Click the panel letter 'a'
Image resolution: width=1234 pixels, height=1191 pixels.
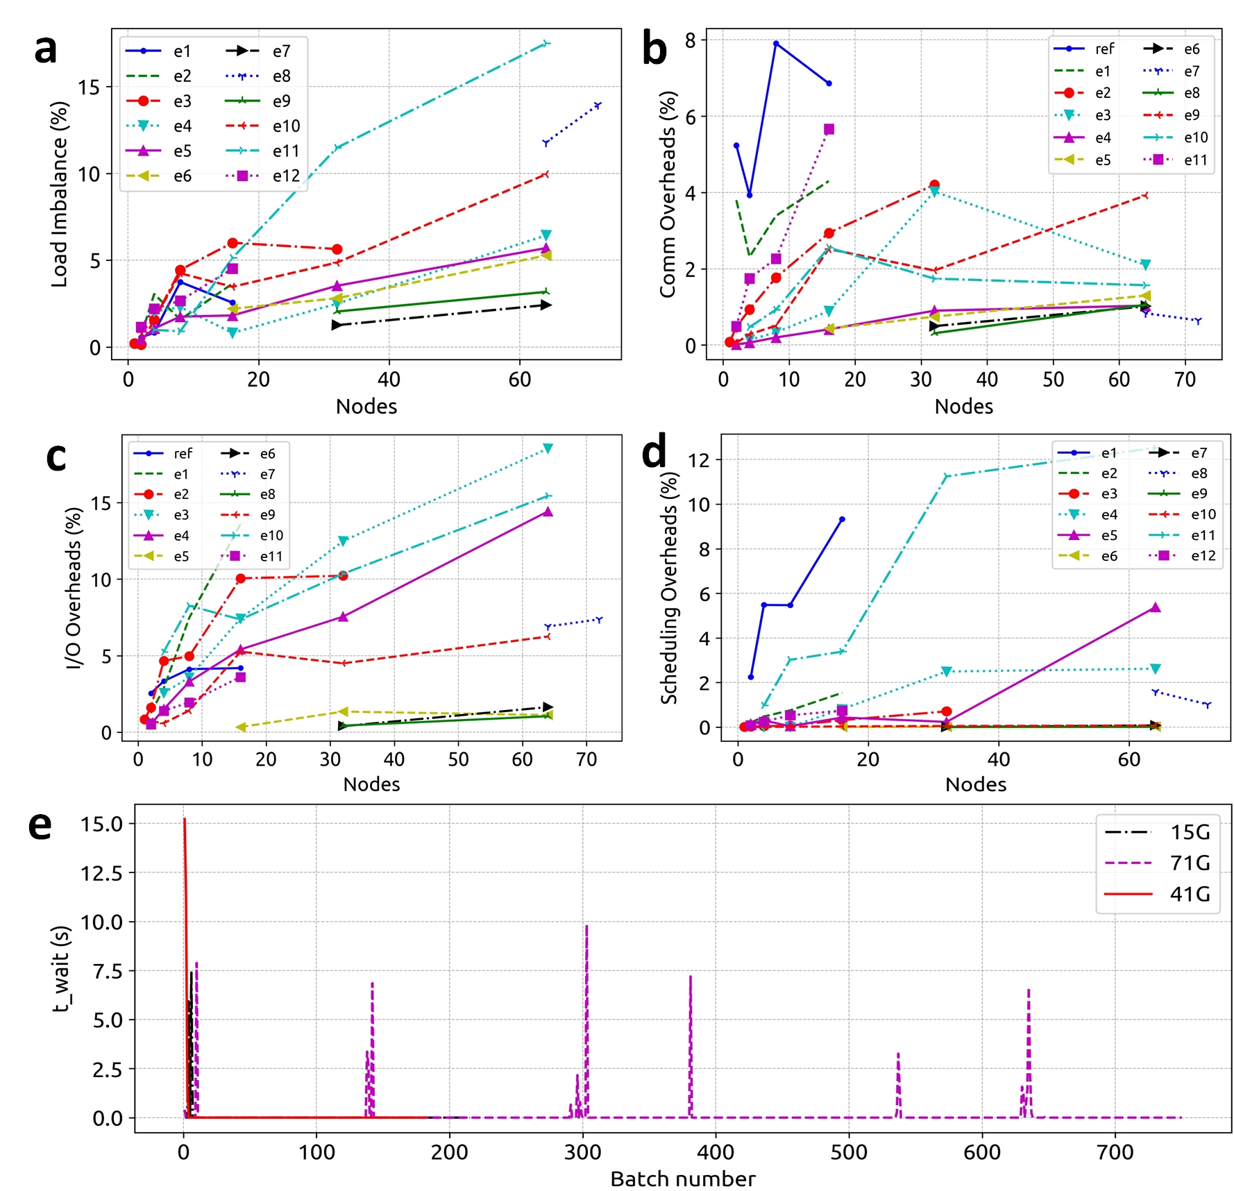46,50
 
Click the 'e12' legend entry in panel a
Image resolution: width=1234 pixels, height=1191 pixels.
285,176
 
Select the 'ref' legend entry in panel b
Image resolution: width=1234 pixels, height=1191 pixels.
1104,49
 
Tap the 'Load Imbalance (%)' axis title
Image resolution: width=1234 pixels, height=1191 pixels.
60,194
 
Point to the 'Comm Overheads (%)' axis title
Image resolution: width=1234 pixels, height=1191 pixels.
668,194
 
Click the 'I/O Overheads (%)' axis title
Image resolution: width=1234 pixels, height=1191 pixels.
74,588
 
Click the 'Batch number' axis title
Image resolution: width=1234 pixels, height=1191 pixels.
682,1179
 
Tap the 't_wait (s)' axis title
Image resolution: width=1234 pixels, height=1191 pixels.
62,969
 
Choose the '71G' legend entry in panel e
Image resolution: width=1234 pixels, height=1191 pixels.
1190,863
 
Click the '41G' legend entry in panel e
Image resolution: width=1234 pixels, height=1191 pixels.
1190,894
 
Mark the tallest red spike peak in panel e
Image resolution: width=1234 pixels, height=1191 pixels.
185,820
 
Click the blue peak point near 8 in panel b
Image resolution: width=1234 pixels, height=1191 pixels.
776,44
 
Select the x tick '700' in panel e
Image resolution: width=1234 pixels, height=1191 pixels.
1115,1152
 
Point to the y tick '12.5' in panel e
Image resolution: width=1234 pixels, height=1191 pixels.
101,873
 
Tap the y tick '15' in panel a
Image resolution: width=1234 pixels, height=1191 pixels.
89,87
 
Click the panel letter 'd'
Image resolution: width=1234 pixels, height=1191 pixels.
654,452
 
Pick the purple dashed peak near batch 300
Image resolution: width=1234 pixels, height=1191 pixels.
586,927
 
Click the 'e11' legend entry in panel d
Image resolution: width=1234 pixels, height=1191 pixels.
1203,535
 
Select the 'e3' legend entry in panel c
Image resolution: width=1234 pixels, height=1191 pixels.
181,515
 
